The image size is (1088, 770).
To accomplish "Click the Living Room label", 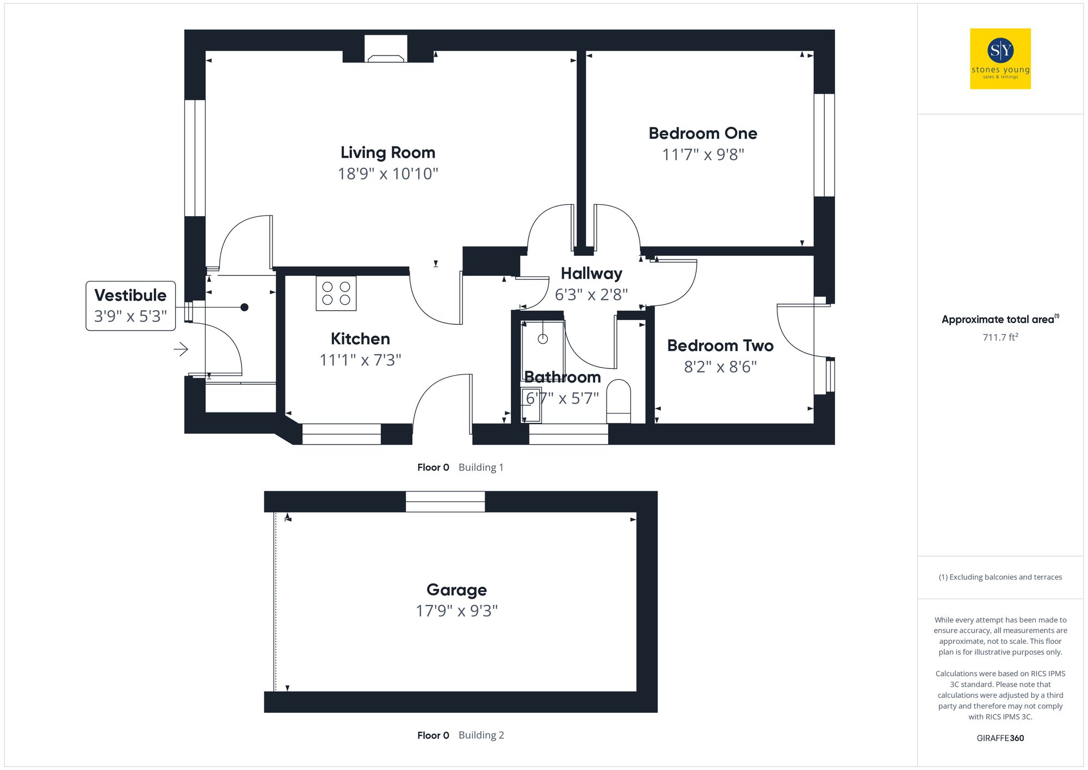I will [x=387, y=152].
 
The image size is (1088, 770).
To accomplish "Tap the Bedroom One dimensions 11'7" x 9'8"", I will [x=703, y=155].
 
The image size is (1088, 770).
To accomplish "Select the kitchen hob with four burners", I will [x=336, y=293].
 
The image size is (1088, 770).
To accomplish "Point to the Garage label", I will [x=456, y=590].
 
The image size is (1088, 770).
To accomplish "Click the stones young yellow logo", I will [x=1000, y=59].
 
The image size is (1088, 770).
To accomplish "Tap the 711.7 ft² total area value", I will [x=1000, y=337].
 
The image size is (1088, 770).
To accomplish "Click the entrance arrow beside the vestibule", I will [x=181, y=349].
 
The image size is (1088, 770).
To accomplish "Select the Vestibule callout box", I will [x=131, y=306].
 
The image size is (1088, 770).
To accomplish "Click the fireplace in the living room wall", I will [x=386, y=50].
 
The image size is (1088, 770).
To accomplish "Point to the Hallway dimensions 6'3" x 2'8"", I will [x=591, y=295].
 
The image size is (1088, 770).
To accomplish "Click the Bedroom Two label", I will [x=720, y=346].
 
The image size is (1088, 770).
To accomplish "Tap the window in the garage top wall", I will [x=445, y=501].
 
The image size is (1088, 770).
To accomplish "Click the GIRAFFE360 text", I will [x=1000, y=738].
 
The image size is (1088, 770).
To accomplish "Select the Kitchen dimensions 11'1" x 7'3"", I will [x=360, y=360].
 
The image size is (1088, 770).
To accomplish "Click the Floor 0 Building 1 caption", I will [x=460, y=467].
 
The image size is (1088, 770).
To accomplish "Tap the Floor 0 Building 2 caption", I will [x=460, y=735].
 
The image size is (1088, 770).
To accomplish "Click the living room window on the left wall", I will [x=195, y=158].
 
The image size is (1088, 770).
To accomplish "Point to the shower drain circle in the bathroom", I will [x=542, y=339].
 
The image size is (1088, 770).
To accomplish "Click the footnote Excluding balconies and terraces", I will [x=1000, y=577].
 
